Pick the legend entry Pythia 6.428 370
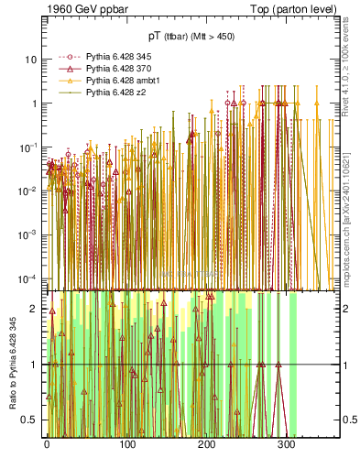[x=115, y=69]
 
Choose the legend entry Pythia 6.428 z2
[x=112, y=93]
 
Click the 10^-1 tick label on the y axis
[x=27, y=147]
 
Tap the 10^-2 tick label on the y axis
[x=27, y=191]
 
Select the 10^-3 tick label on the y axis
[x=27, y=234]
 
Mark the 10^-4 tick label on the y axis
[x=27, y=278]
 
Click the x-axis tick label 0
[x=47, y=447]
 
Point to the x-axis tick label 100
[x=126, y=447]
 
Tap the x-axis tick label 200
[x=206, y=447]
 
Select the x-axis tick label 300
[x=286, y=447]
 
